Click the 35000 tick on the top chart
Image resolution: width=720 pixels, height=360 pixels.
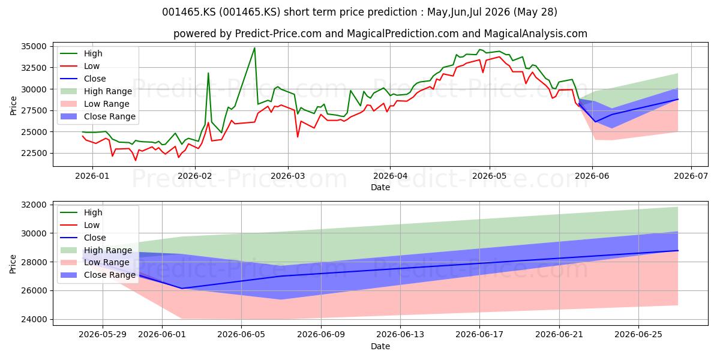(34, 46)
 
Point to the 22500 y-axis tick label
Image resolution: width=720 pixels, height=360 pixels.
(34, 154)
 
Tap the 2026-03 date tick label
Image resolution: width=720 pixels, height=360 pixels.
(288, 176)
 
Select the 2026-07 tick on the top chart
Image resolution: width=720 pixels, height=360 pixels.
(691, 176)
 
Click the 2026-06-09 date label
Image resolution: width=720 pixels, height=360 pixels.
(321, 335)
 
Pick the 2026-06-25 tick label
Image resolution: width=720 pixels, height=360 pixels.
(638, 335)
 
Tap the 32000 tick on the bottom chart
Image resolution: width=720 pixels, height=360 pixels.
(34, 205)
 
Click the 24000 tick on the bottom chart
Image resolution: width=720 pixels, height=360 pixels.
(34, 319)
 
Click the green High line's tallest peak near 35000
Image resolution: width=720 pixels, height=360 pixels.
(254, 48)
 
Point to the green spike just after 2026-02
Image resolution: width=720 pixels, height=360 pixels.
(208, 73)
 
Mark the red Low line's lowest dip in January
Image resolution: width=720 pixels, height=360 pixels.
(136, 160)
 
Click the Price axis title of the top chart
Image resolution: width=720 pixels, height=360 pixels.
(13, 106)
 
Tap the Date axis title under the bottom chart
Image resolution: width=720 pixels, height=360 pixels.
(380, 347)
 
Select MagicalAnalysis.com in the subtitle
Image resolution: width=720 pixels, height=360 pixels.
(535, 34)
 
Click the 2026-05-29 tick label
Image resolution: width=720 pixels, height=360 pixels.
(103, 335)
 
